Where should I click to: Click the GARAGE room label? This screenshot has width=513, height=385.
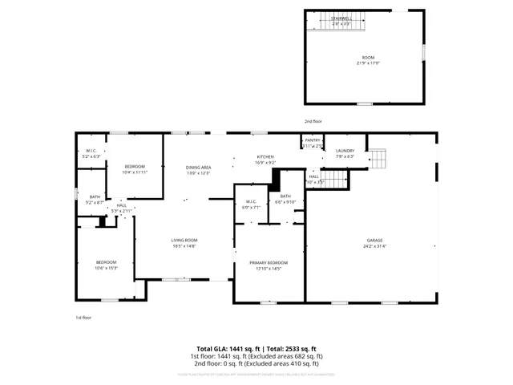(x=374, y=240)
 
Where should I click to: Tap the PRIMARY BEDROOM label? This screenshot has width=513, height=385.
(x=269, y=262)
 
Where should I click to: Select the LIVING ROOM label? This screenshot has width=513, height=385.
(x=184, y=240)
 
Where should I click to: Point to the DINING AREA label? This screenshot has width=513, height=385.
(x=198, y=167)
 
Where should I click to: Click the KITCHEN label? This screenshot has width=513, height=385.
(x=265, y=156)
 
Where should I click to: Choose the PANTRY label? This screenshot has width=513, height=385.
(x=313, y=140)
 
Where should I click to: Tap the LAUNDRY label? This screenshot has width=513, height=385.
(x=345, y=151)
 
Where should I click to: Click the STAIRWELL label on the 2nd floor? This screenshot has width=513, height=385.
(x=341, y=18)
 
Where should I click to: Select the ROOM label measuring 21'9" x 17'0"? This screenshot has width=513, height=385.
(x=368, y=58)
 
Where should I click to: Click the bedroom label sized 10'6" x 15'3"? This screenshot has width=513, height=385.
(x=107, y=262)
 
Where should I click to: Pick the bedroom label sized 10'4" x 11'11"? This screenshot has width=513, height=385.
(x=134, y=166)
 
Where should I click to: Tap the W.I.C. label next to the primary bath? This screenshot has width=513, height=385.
(x=250, y=201)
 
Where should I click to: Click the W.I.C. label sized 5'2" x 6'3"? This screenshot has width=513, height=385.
(x=91, y=151)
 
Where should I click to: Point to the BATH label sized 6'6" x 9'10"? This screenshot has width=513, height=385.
(x=285, y=197)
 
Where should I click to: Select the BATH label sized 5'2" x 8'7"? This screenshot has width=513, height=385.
(x=95, y=197)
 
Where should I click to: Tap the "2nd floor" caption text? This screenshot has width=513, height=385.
(x=313, y=121)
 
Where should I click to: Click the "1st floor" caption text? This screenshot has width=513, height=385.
(x=83, y=318)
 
